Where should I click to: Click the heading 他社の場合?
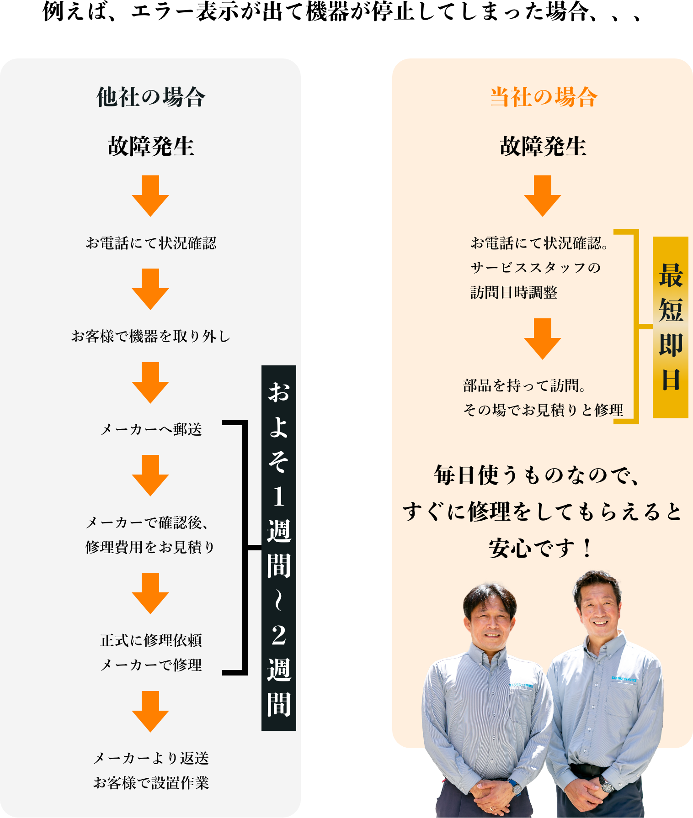pos(150,97)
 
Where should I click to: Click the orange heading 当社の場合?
pos(543,97)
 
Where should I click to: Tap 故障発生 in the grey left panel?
pos(150,146)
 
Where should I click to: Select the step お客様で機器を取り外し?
pos(150,337)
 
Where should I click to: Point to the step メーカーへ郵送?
pos(150,429)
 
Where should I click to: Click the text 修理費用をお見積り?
pos(150,547)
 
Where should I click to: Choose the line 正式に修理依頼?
pos(150,640)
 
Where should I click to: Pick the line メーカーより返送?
pos(150,758)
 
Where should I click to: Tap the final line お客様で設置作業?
pos(150,783)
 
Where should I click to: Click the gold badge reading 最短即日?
pos(670,327)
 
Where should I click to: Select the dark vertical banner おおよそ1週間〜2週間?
pos(278,548)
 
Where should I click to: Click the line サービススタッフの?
pos(535,268)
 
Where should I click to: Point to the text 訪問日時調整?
pos(514,292)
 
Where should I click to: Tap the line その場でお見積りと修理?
pos(543,410)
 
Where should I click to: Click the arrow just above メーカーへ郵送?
pos(150,383)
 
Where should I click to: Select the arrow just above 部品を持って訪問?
pos(543,339)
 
